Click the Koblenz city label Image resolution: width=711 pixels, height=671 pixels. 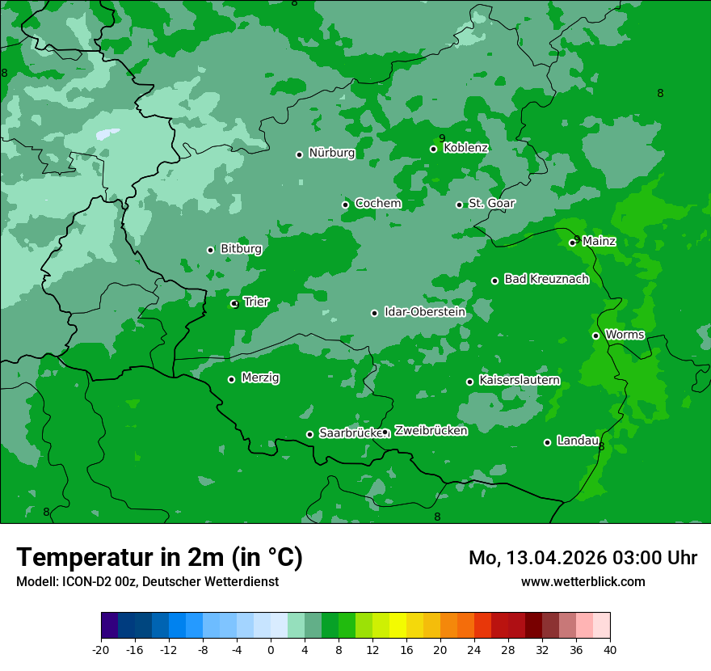point(465,148)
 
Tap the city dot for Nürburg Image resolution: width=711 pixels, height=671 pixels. point(299,154)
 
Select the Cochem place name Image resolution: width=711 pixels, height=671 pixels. point(377,204)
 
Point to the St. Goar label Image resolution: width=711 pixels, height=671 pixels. point(491,204)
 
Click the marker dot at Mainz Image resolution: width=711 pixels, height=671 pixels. point(572,243)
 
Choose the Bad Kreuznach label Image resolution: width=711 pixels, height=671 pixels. point(546,280)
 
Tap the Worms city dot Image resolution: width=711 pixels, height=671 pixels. point(595,335)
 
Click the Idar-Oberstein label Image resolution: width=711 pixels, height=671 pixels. point(424,312)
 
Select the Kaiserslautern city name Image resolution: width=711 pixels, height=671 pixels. point(519,381)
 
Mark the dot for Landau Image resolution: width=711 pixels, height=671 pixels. point(547,442)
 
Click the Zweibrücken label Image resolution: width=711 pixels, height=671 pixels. point(431,431)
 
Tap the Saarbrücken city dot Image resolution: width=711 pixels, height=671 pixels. point(309,434)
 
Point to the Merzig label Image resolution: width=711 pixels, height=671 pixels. point(260,378)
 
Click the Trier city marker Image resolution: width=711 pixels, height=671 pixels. point(234,304)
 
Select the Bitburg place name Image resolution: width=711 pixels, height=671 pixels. point(241,249)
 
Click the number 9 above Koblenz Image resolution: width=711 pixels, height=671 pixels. point(442,138)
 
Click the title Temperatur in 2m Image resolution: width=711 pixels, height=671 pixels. point(159,558)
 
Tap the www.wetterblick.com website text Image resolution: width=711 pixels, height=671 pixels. point(583,582)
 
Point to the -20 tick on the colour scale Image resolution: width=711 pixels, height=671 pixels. point(101,650)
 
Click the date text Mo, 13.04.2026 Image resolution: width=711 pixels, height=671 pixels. point(536,558)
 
